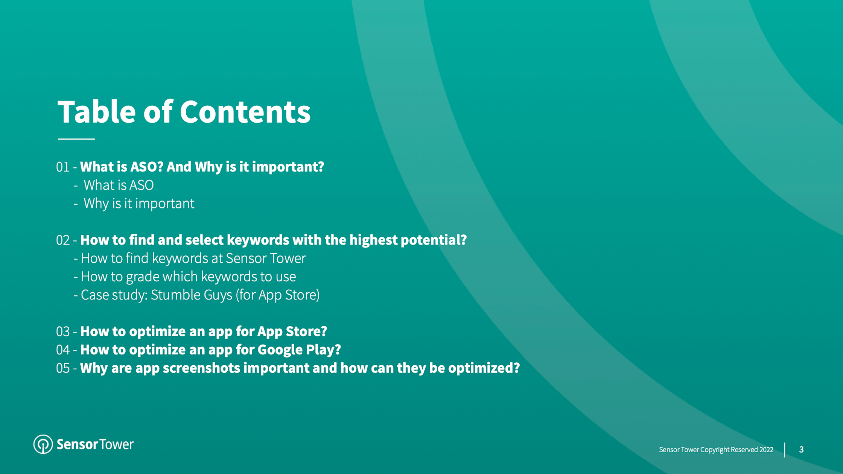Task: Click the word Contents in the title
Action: tap(245, 112)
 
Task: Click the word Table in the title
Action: tap(96, 112)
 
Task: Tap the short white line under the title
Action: tap(76, 139)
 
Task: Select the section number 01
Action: tap(63, 167)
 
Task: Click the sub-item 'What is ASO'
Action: tap(119, 185)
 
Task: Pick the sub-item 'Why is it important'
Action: tap(139, 204)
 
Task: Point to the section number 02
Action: tap(63, 240)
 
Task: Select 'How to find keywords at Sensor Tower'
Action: tap(193, 258)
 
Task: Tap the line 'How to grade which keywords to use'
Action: tap(188, 277)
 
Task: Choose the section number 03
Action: tap(63, 331)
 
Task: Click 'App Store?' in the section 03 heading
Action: tap(292, 331)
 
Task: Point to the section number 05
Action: tap(63, 368)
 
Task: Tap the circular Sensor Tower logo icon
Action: tap(43, 444)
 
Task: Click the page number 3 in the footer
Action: tap(801, 450)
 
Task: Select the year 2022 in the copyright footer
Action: tap(766, 450)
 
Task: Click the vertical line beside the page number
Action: tap(785, 450)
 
